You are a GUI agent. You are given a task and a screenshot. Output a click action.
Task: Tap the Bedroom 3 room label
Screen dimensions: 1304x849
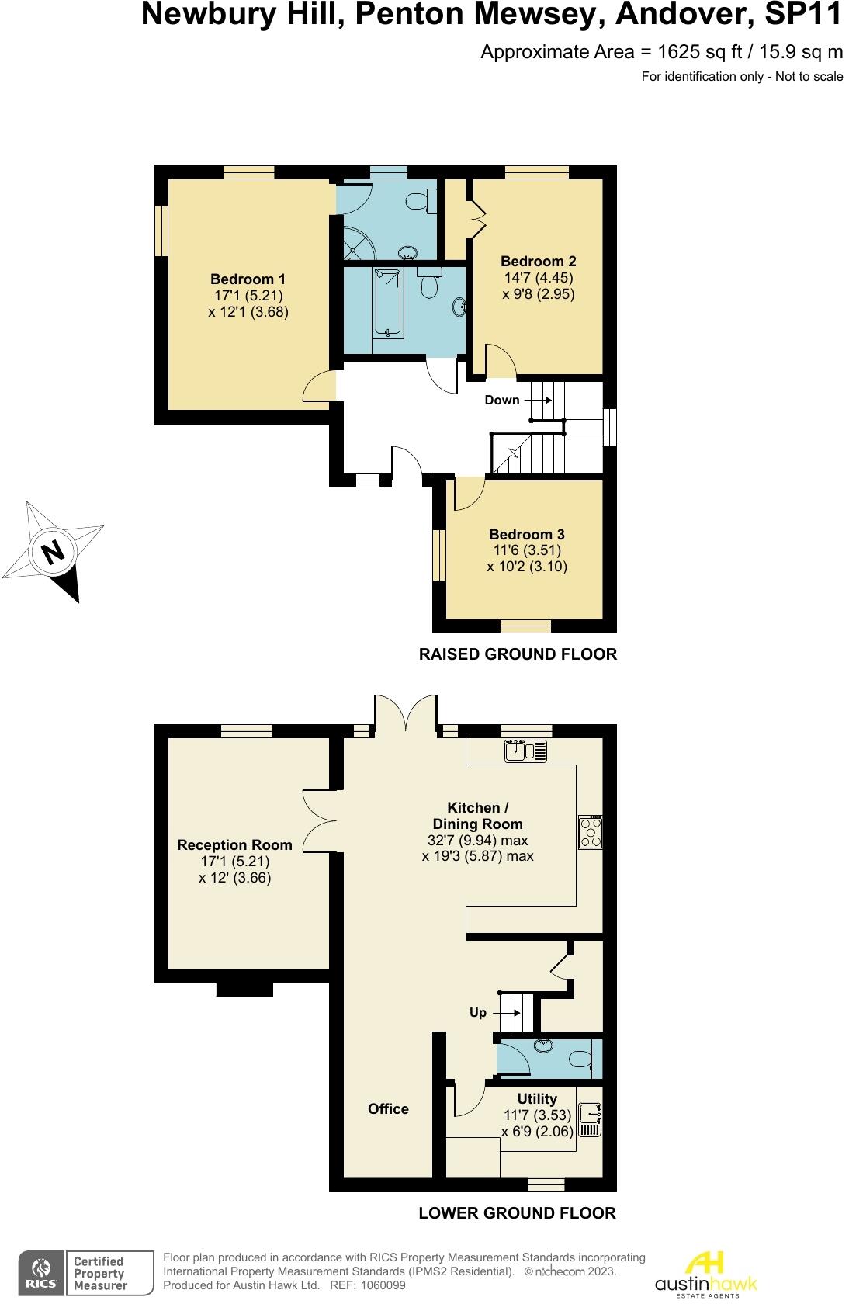click(526, 534)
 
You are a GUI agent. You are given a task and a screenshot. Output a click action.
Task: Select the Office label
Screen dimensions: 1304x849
click(388, 1108)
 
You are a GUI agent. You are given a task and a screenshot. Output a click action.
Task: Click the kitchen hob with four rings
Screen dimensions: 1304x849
click(590, 832)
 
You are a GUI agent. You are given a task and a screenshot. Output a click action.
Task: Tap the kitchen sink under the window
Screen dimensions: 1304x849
click(525, 751)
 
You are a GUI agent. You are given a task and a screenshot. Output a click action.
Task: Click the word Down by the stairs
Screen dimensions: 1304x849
click(501, 400)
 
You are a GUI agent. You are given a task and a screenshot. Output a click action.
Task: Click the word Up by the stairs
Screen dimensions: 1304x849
click(477, 1012)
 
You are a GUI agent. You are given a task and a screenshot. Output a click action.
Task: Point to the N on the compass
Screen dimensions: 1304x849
click(53, 552)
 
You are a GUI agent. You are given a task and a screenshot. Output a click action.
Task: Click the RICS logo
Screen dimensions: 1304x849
click(40, 1273)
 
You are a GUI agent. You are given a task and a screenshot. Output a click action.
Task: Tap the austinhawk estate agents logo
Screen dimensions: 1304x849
click(705, 1273)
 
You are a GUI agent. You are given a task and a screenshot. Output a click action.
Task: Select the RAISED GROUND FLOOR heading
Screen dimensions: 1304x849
click(518, 654)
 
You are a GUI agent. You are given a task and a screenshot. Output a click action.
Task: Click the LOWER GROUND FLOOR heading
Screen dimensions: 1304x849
click(517, 1212)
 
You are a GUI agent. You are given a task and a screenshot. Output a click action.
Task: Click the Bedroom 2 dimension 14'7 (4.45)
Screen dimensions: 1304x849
click(538, 278)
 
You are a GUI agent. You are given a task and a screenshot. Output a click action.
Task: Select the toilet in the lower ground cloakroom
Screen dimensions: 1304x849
click(581, 1058)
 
